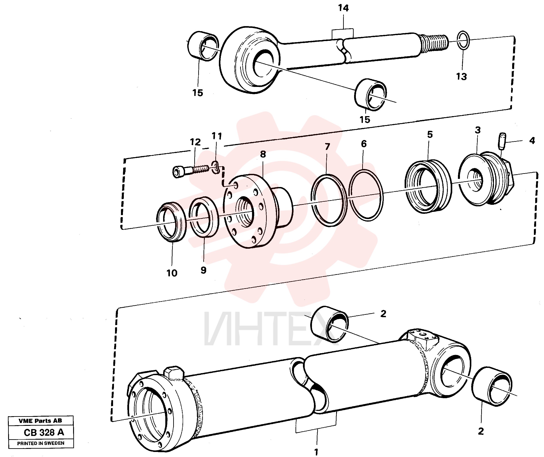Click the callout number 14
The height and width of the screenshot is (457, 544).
(x=343, y=8)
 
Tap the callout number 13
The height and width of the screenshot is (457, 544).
(x=461, y=77)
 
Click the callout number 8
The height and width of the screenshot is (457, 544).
(x=263, y=154)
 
